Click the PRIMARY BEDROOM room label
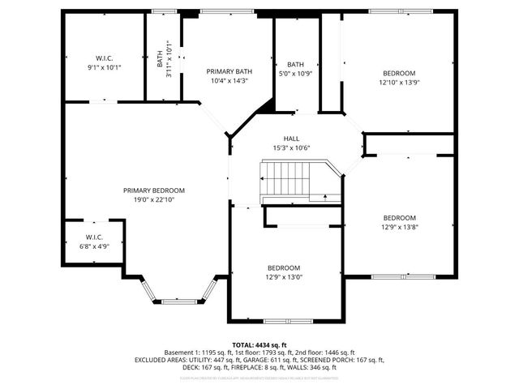pos(148,190)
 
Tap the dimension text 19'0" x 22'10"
pos(148,199)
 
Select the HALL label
pos(291,139)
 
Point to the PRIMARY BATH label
pos(229,71)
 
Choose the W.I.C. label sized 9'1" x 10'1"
pos(104,58)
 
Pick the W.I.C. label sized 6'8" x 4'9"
pos(94,237)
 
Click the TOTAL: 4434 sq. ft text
pos(259,344)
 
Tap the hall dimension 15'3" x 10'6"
pos(291,147)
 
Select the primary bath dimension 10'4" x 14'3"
pos(229,81)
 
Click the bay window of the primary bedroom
pos(178,301)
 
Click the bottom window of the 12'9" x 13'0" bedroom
pos(287,321)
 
